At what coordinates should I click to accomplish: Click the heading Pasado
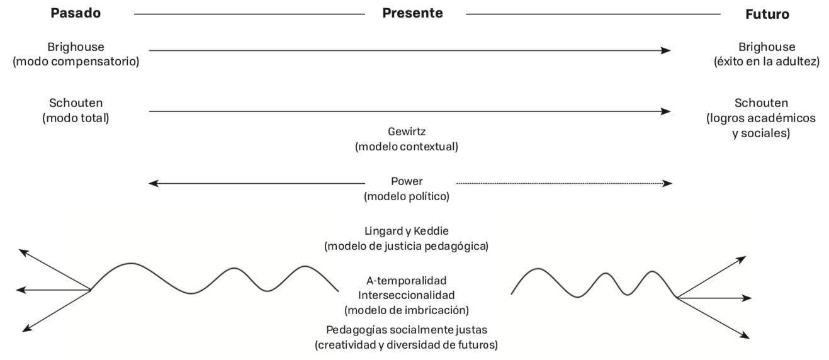click(75, 13)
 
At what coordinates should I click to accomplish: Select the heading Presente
click(412, 13)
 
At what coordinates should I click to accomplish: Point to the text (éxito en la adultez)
click(765, 62)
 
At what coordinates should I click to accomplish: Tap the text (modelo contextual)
click(406, 147)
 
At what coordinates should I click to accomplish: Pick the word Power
click(406, 182)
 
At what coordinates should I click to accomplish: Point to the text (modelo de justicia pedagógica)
click(406, 246)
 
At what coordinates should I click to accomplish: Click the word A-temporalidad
click(406, 280)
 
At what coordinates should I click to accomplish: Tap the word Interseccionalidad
click(406, 295)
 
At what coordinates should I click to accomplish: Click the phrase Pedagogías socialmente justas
click(406, 330)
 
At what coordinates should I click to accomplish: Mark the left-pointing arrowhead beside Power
click(152, 183)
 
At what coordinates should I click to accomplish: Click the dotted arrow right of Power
click(563, 183)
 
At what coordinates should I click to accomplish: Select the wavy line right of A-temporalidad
click(592, 283)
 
